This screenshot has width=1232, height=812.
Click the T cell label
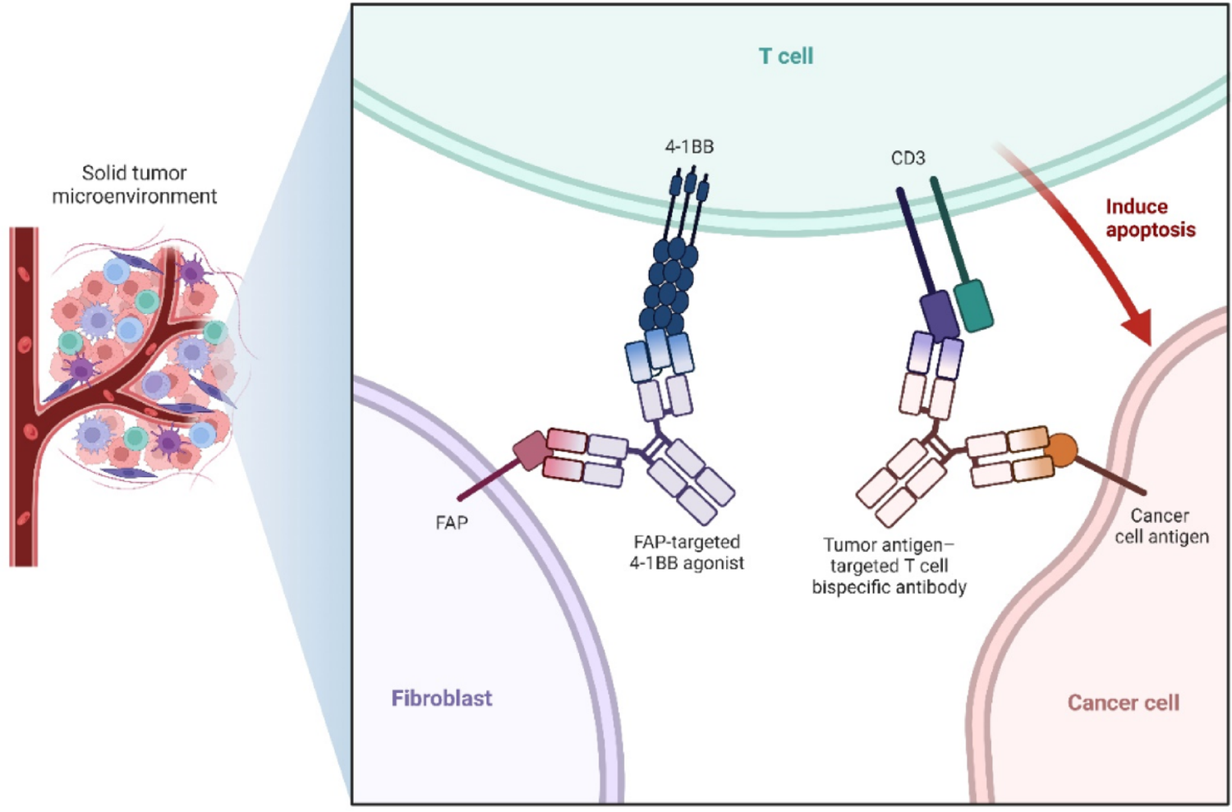[x=785, y=56]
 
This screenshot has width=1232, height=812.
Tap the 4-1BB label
[x=689, y=147]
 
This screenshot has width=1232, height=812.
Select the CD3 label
[x=908, y=158]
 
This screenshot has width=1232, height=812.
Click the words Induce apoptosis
[x=1150, y=218]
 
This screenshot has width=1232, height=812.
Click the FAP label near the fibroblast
[x=452, y=523]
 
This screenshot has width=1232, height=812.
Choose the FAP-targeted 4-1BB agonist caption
[x=687, y=553]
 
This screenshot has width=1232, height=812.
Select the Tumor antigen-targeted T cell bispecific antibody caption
[x=889, y=566]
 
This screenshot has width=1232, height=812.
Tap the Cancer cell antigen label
[x=1161, y=526]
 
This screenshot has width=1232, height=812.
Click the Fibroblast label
[x=442, y=699]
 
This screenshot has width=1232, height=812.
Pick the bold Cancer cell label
[x=1123, y=703]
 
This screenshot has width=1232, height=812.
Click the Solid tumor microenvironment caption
[x=135, y=185]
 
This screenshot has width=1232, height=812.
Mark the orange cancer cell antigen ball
[x=1061, y=450]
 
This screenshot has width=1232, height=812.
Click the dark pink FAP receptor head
[x=531, y=451]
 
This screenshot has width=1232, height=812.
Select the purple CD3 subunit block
[x=939, y=314]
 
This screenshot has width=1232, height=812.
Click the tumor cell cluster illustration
[x=140, y=361]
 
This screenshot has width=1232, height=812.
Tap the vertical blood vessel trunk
[x=24, y=394]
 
